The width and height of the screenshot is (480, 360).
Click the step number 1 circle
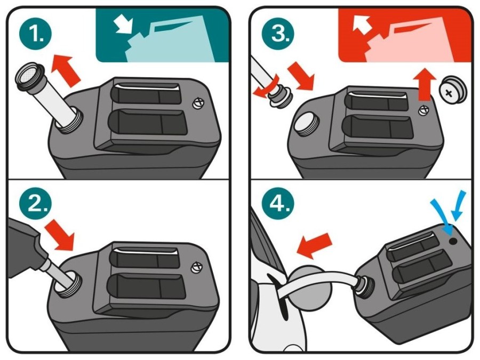[36, 33]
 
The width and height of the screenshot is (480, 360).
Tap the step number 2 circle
[36, 203]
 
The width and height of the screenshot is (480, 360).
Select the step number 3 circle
[278, 33]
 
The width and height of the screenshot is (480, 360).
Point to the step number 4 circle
[278, 203]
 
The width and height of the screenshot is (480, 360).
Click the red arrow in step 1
[66, 70]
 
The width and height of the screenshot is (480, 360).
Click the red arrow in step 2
[60, 234]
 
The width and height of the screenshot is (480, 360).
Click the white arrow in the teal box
[124, 25]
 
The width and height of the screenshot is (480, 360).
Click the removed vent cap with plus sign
[453, 90]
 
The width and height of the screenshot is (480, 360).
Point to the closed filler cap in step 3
[306, 123]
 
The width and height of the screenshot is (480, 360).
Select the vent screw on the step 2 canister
[196, 268]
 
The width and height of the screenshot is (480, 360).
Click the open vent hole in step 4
[453, 241]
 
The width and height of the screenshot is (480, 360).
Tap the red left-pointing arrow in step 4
[314, 245]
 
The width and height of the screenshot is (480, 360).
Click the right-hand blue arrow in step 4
[459, 206]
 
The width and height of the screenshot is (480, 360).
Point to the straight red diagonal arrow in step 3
[301, 76]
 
